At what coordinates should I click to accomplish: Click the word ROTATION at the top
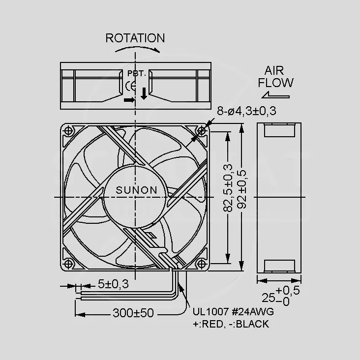point(135,38)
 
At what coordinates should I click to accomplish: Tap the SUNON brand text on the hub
point(137,190)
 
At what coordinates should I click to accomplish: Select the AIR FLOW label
point(275,77)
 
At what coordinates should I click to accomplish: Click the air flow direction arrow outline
point(275,95)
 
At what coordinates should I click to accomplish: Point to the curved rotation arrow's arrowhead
point(157,50)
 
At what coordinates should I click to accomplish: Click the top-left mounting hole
point(68,131)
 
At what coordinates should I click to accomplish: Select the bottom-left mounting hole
point(68,264)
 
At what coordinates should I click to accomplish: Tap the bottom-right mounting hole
point(201,264)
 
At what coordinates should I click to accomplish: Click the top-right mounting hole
point(201,131)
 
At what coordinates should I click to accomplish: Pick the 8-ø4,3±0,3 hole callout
point(246,111)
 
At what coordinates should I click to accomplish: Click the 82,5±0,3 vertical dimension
point(228,188)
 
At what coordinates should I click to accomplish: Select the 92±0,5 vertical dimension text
point(241,189)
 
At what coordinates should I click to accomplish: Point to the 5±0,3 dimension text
point(113,284)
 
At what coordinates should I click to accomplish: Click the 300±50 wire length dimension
point(133,313)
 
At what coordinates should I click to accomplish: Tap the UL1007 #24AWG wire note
point(233,312)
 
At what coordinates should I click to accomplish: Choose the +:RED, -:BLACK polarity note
point(231,324)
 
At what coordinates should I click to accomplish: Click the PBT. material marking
point(137,73)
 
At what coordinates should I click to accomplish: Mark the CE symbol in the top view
point(130,87)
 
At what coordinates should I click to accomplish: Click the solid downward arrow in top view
point(144,93)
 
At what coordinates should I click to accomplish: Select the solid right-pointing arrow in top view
point(129,100)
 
